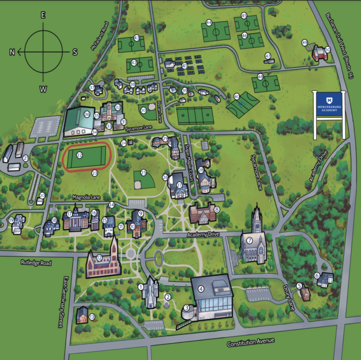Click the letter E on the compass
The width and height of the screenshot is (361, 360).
(x=43, y=15)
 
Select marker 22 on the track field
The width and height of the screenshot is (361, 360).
(x=79, y=154)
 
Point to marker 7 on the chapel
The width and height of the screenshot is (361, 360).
(x=250, y=240)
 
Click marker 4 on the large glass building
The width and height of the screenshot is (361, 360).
(x=201, y=289)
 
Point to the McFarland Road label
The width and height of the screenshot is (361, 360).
(x=100, y=36)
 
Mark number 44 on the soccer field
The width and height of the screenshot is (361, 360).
(x=209, y=23)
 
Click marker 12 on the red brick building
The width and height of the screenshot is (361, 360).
(x=99, y=257)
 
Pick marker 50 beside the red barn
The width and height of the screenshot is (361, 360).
(x=328, y=49)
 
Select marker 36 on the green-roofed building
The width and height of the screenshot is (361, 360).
(x=87, y=114)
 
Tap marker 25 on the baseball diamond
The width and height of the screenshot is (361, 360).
(x=143, y=173)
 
